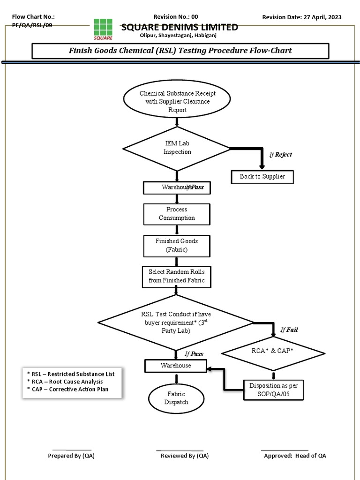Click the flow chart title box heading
[180, 51]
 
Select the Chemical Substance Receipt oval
[177, 101]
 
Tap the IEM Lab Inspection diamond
[177, 148]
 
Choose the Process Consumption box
[177, 214]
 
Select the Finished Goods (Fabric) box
[177, 246]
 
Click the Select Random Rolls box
[177, 277]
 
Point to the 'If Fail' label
[289, 330]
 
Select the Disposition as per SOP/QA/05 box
[273, 389]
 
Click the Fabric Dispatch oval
[176, 398]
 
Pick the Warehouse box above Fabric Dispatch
[176, 366]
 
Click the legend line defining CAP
[68, 389]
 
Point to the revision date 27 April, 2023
[302, 17]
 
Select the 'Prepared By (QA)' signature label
[71, 456]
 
